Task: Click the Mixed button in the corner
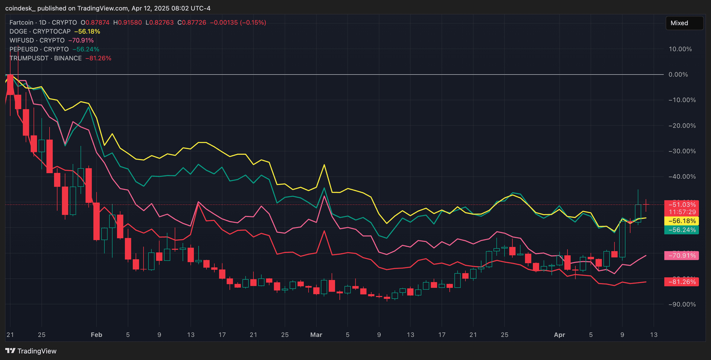(x=684, y=23)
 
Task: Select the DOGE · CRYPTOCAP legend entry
(x=40, y=32)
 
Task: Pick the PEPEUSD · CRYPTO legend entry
(x=39, y=49)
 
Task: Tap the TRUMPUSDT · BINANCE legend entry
(x=46, y=58)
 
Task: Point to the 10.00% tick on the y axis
(x=680, y=49)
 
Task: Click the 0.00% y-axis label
(x=678, y=75)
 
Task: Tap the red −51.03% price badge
(x=682, y=205)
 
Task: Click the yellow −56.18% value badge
(x=682, y=221)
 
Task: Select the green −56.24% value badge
(x=682, y=230)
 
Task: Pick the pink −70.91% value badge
(x=682, y=256)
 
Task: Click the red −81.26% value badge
(x=682, y=282)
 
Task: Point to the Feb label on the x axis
(x=96, y=335)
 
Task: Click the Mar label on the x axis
(x=316, y=335)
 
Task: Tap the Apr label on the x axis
(x=559, y=335)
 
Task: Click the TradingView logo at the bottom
(x=31, y=351)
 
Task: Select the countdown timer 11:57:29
(x=682, y=212)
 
